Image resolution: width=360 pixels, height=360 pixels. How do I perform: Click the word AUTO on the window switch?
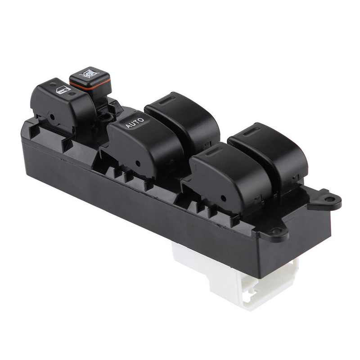(x=135, y=122)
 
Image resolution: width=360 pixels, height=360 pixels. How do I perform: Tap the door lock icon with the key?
(x=63, y=90)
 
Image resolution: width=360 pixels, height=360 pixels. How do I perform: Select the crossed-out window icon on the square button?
(x=89, y=74)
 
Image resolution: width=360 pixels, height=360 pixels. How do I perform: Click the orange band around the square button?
(x=90, y=85)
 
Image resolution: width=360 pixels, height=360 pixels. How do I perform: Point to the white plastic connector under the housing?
(x=237, y=275)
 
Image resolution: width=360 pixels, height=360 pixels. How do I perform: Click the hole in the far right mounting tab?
(x=330, y=199)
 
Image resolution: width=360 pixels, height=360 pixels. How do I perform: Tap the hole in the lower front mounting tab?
(x=276, y=230)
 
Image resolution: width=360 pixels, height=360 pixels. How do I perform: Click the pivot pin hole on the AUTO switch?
(x=138, y=163)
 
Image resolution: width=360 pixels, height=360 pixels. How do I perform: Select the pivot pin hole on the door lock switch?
(x=52, y=117)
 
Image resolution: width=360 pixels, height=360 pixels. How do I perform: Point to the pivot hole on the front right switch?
(x=223, y=198)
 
